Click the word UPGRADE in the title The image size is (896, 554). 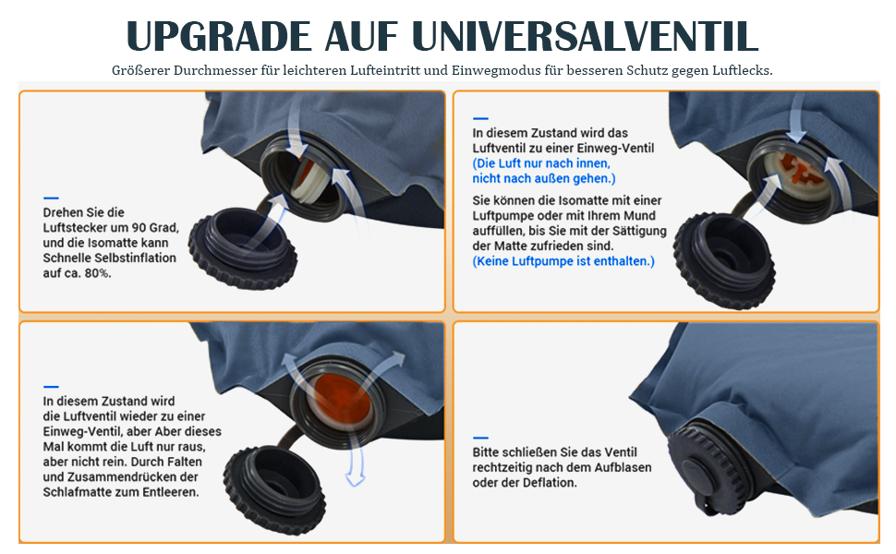(x=219, y=37)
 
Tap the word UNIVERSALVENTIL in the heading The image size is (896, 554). (x=585, y=37)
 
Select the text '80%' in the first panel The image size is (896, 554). (x=97, y=273)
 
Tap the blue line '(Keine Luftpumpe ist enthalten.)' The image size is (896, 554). (x=563, y=261)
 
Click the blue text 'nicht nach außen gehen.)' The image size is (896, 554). (x=544, y=178)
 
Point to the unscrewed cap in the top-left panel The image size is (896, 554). (x=243, y=247)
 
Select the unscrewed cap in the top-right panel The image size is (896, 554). (x=724, y=260)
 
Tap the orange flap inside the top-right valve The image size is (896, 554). (x=800, y=170)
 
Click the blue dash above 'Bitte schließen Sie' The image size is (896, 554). (x=480, y=438)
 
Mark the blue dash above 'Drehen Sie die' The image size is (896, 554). (x=51, y=199)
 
